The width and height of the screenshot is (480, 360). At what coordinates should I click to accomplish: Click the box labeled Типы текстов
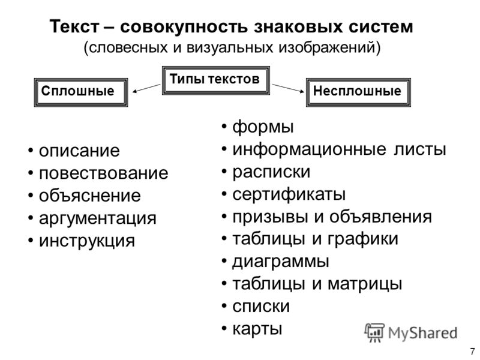coord(215,80)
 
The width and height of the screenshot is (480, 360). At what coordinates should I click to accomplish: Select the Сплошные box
coord(81,92)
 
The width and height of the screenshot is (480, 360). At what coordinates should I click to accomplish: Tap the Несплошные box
coord(358,92)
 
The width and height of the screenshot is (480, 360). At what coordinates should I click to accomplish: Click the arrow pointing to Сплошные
coord(146,88)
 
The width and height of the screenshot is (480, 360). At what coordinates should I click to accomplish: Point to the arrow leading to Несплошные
coord(288,88)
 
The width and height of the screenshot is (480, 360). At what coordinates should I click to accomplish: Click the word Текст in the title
coord(74,26)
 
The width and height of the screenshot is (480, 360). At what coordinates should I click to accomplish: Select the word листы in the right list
coord(419,149)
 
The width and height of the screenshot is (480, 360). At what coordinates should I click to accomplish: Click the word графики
coord(363,239)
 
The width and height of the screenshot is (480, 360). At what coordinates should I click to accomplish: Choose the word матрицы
coord(365,284)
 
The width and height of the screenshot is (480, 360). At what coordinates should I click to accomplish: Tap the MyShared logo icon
coord(374,333)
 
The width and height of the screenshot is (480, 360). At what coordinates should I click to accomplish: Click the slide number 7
coord(472,351)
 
